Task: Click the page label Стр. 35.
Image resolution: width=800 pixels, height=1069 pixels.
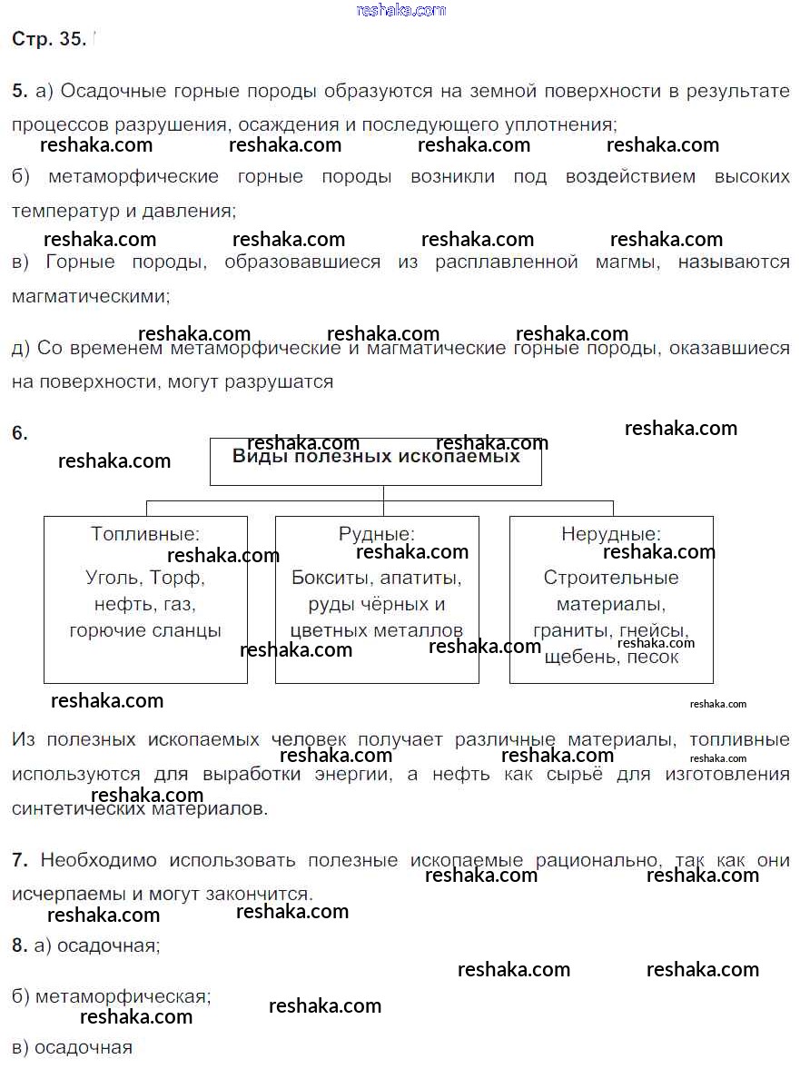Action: tap(49, 39)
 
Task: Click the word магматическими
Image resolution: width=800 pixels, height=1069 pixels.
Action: tap(90, 296)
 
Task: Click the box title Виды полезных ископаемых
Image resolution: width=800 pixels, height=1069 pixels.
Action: tap(376, 456)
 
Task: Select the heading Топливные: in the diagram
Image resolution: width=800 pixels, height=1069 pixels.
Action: tap(145, 534)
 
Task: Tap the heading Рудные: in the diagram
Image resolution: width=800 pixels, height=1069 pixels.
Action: tap(376, 535)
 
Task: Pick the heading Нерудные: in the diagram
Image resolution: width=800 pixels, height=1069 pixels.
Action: tap(611, 535)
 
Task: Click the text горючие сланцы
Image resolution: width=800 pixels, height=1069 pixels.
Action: tap(145, 630)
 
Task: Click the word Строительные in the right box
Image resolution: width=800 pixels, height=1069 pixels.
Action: tap(611, 578)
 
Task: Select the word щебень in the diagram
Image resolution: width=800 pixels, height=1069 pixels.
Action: tap(578, 657)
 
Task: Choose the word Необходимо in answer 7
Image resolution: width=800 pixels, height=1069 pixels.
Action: tap(99, 860)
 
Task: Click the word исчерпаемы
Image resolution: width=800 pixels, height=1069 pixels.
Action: tap(63, 894)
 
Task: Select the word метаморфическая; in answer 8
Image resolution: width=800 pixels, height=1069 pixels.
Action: tap(123, 996)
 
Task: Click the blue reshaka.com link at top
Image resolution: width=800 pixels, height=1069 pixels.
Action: tap(401, 10)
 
